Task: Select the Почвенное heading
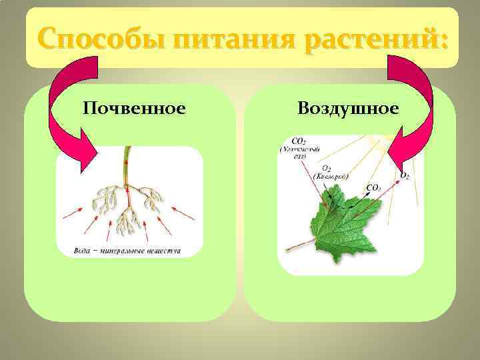pos(134,107)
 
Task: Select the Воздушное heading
pos(349,107)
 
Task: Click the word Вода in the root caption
pos(83,251)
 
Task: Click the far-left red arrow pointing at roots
pos(72,213)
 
